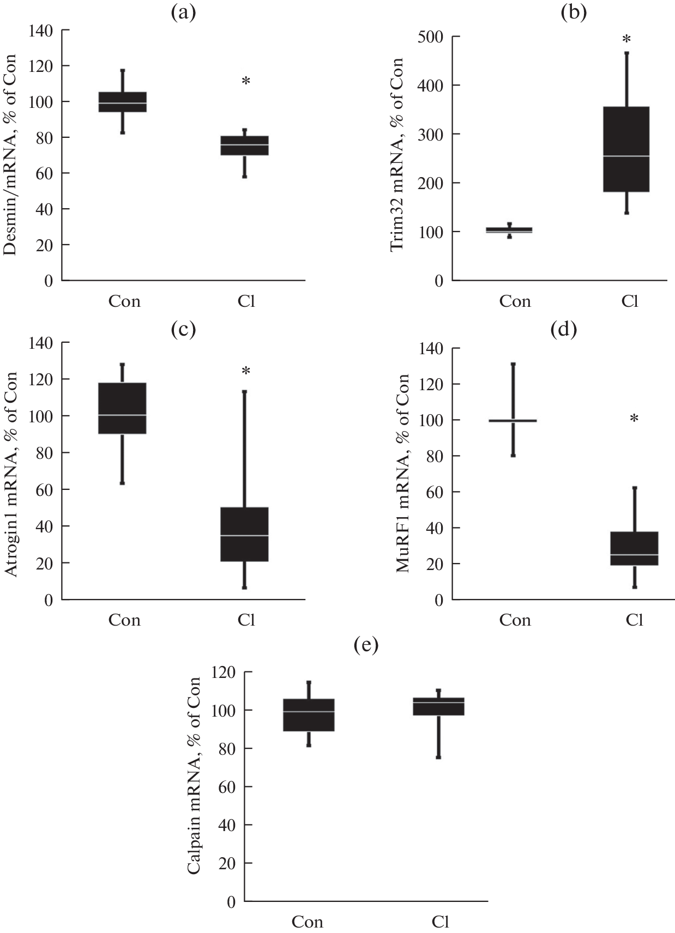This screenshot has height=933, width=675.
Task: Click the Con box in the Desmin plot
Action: (x=122, y=102)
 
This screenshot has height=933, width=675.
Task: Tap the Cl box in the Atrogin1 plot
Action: (x=244, y=534)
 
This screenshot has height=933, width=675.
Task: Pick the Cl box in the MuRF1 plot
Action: (x=635, y=548)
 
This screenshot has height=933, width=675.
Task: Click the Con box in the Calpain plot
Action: (x=309, y=714)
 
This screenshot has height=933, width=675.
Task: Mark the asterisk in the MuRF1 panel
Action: (x=634, y=419)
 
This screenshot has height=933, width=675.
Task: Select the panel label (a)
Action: (x=184, y=13)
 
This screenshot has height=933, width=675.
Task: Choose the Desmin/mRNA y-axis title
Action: (x=10, y=155)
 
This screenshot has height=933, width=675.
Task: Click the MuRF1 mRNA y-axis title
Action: (x=402, y=472)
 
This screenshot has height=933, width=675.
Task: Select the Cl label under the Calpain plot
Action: (x=440, y=922)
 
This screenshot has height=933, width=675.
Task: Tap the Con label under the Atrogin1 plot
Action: (x=124, y=620)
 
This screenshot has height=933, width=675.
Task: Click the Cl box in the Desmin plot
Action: (x=244, y=146)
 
